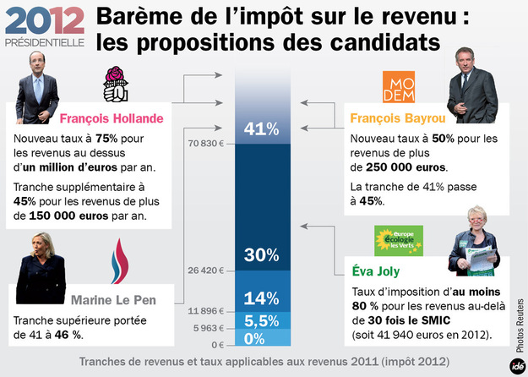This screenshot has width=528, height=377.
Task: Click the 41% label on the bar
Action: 261,129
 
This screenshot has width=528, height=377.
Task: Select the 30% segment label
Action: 261,255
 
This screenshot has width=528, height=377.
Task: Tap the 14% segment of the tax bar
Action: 261,298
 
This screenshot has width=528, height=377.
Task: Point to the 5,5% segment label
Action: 261,321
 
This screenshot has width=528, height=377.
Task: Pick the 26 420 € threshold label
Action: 204,271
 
